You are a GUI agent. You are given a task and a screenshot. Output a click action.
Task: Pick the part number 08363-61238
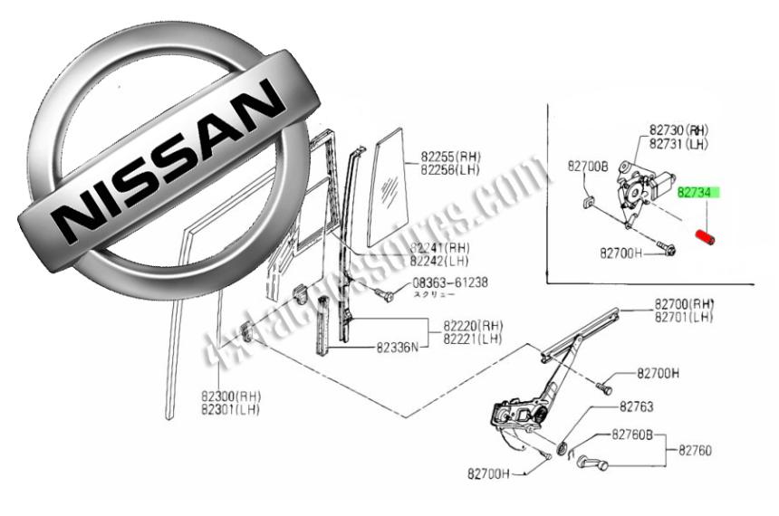click(x=450, y=282)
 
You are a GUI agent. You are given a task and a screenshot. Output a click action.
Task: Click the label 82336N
click(x=399, y=346)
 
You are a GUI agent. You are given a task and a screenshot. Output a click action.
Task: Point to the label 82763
click(x=637, y=407)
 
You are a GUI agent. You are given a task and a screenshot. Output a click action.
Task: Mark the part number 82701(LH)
click(x=685, y=317)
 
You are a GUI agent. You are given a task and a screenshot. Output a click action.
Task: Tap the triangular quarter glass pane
click(x=388, y=190)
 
